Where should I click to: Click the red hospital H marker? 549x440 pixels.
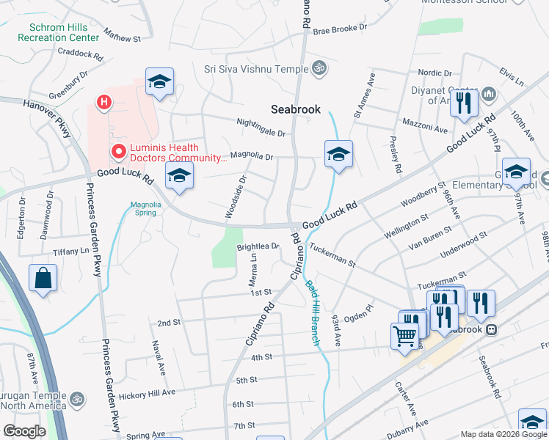pyautogui.click(x=105, y=101)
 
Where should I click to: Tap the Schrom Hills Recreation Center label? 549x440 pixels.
pyautogui.click(x=59, y=32)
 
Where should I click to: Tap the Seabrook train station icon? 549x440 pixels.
pyautogui.click(x=491, y=329)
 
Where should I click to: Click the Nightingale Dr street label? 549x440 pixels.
pyautogui.click(x=261, y=128)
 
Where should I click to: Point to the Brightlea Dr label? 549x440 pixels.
pyautogui.click(x=258, y=247)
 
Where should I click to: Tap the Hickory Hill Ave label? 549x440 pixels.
pyautogui.click(x=148, y=394)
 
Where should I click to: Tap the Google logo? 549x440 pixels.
pyautogui.click(x=24, y=430)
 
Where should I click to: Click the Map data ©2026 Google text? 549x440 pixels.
pyautogui.click(x=503, y=434)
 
